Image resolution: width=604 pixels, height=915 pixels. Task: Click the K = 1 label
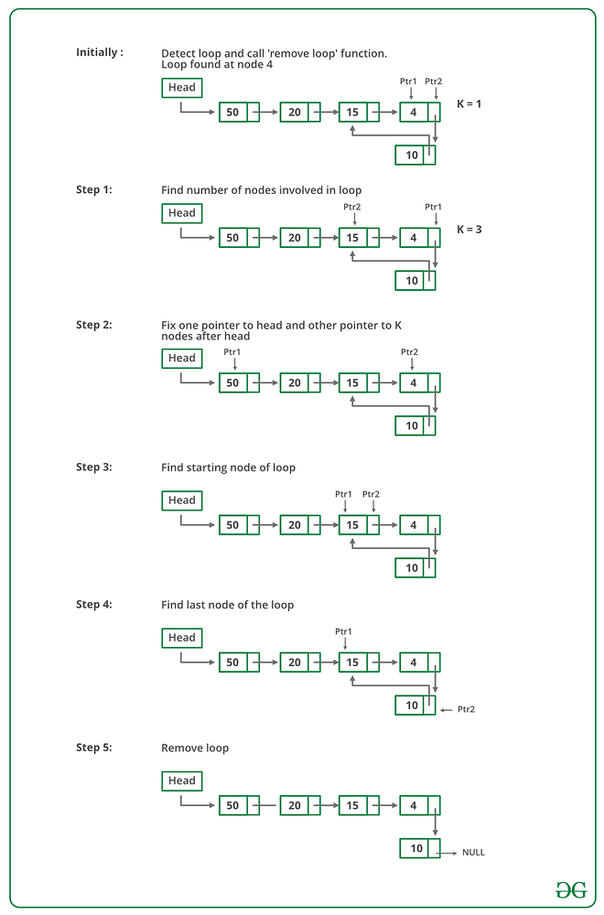(x=469, y=103)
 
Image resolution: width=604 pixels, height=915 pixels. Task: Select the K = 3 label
(x=469, y=229)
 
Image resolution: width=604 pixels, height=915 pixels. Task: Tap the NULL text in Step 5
(x=473, y=852)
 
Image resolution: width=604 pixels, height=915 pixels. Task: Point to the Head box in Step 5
(x=182, y=780)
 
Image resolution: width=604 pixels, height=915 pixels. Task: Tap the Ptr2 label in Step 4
(x=466, y=709)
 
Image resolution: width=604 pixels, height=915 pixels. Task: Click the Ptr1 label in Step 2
(x=232, y=352)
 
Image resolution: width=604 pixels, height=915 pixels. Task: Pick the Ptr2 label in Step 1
(x=352, y=207)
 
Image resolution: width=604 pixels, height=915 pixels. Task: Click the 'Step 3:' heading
(x=94, y=467)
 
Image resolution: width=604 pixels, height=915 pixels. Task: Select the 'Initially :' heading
(x=100, y=52)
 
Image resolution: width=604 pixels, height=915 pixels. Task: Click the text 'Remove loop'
(x=195, y=748)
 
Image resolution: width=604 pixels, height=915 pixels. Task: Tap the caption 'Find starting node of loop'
(x=228, y=468)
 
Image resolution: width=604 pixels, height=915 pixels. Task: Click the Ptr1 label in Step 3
(x=344, y=494)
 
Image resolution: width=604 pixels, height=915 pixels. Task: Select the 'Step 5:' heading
(x=94, y=748)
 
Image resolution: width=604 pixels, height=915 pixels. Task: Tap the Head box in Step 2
(x=182, y=358)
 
